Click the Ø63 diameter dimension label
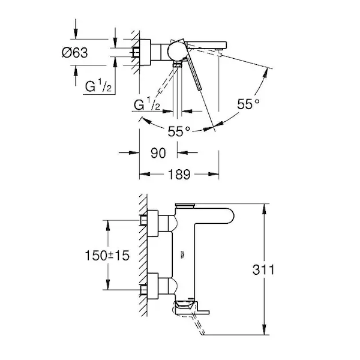coord(75,53)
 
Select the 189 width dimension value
coord(179,175)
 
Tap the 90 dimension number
coord(158,153)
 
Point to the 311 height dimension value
coord(263,270)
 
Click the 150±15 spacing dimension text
coord(107,256)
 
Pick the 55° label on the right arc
coord(248,104)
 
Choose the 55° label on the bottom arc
coord(179,131)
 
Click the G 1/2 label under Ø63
coord(98,85)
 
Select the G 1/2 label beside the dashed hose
coord(147,104)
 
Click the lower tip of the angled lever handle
coord(199,89)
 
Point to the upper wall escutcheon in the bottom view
coord(152,223)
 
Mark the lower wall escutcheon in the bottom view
coord(152,286)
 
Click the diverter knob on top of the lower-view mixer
coord(185,205)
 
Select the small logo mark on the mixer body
coord(182,254)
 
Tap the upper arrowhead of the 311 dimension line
coord(265,208)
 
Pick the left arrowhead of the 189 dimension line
coord(145,174)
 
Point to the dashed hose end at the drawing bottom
coord(202,331)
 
